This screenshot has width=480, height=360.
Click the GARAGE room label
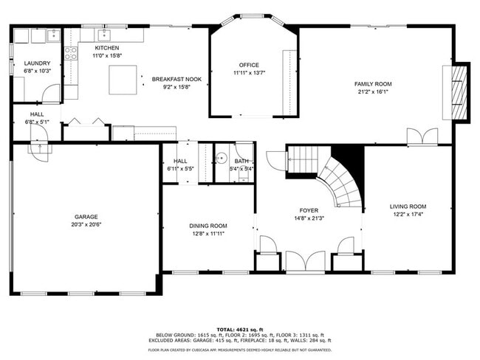86,218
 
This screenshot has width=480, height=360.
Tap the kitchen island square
123,80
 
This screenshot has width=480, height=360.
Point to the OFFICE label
249,65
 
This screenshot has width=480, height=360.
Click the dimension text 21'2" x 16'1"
372,93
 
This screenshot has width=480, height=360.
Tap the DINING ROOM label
208,226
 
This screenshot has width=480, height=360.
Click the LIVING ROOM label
408,207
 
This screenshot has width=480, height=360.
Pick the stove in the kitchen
71,53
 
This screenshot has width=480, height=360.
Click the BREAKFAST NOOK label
171,79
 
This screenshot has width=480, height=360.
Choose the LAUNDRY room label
36,63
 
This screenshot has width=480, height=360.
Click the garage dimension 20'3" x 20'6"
86,225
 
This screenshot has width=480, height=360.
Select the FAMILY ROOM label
372,85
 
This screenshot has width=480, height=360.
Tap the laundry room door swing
50,93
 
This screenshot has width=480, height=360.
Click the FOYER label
309,210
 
